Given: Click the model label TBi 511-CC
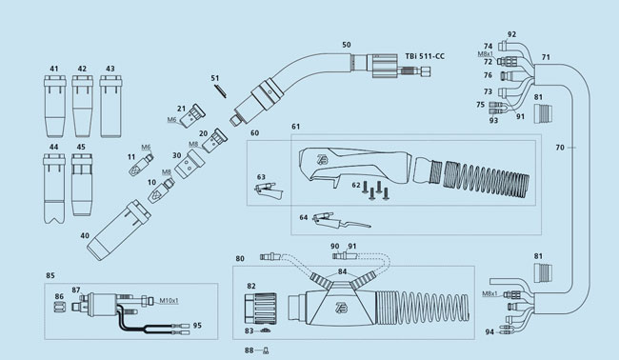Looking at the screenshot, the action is (x=425, y=56).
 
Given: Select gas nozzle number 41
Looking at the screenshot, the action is (x=54, y=106).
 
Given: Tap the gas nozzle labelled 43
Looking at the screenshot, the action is (x=110, y=106).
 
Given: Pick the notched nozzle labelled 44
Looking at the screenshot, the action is (x=54, y=189).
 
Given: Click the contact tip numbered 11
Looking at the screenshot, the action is (x=141, y=166).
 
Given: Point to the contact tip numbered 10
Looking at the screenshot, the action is (x=161, y=190).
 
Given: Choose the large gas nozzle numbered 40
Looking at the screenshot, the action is (x=118, y=230).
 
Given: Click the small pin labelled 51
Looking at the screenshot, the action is (x=220, y=90).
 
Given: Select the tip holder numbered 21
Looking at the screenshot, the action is (x=192, y=116).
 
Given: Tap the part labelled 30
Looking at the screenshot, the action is (x=190, y=164).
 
